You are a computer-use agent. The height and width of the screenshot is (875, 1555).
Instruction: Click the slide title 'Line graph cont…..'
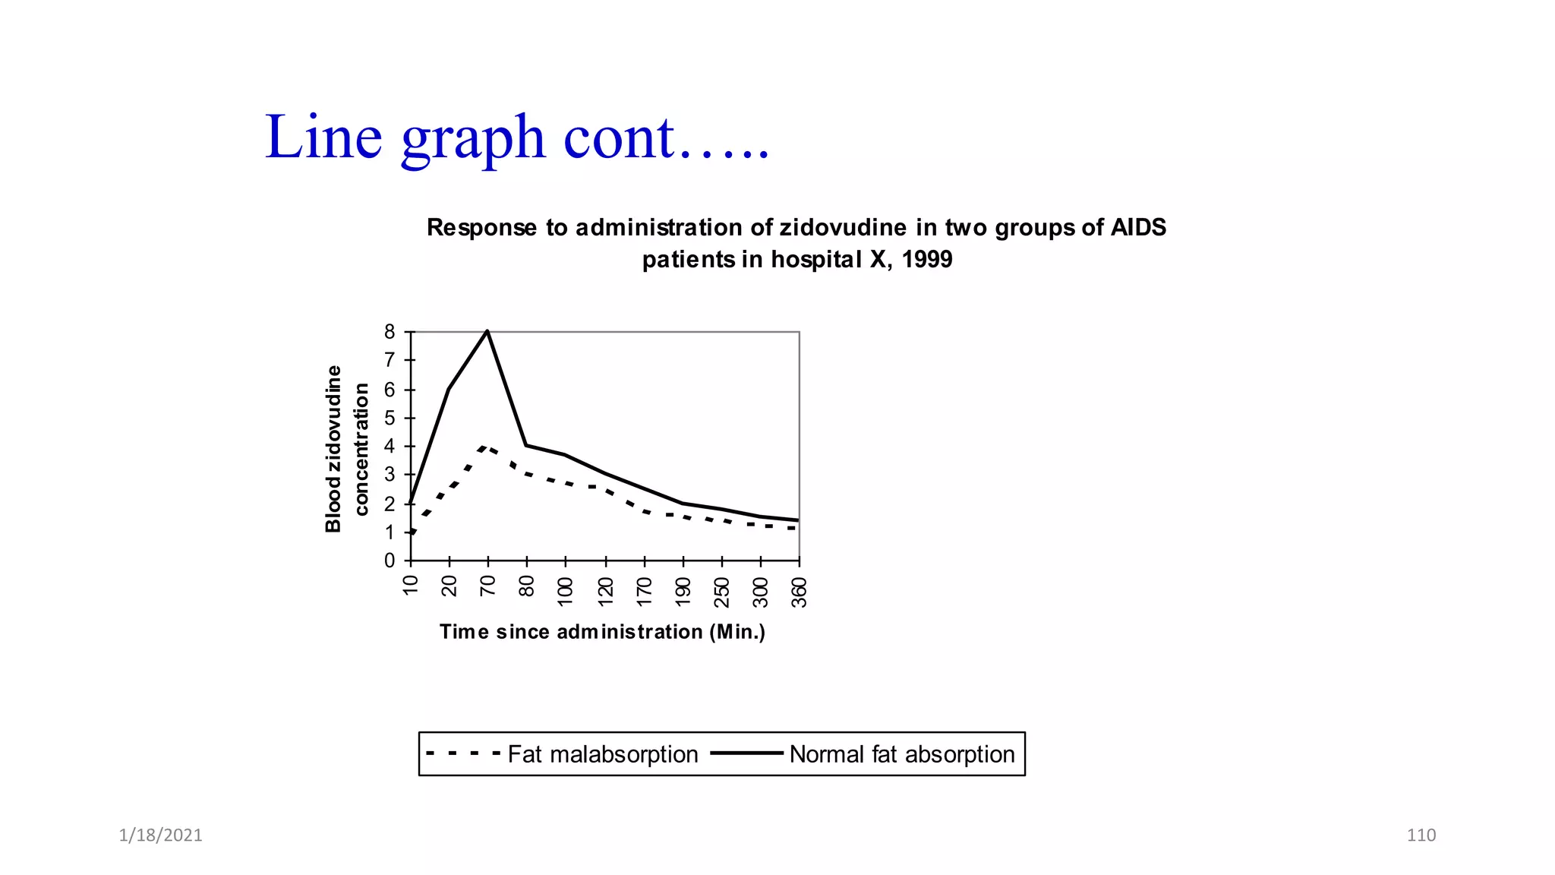click(x=517, y=137)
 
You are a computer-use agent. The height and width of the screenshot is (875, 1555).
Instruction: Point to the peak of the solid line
click(x=487, y=331)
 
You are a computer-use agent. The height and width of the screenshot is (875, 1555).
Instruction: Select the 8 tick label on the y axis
click(x=390, y=332)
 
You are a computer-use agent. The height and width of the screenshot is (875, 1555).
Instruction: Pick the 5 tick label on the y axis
click(x=390, y=418)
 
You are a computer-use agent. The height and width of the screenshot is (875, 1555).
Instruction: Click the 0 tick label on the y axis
click(x=390, y=561)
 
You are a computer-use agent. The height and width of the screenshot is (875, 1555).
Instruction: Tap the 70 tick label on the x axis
click(x=487, y=586)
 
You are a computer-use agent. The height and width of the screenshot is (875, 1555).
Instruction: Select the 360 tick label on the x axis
click(x=799, y=592)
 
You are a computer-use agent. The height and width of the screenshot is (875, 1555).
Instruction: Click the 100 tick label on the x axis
click(x=565, y=592)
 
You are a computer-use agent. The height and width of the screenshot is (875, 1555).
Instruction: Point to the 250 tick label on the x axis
click(x=721, y=592)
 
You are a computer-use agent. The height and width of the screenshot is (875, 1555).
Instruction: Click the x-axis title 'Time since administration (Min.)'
click(x=602, y=632)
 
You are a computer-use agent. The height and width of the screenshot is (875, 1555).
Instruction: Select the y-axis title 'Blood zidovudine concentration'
click(x=346, y=449)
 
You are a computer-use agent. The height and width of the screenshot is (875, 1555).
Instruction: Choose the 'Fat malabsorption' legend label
click(x=602, y=754)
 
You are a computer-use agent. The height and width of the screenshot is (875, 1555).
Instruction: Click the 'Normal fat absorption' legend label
click(x=901, y=754)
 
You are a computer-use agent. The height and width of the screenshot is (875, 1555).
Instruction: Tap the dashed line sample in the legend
click(x=463, y=754)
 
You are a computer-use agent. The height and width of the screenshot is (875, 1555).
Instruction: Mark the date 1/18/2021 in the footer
click(x=160, y=836)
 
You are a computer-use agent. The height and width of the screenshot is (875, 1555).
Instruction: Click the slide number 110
click(x=1421, y=836)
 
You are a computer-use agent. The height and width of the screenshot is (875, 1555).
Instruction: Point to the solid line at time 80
click(x=526, y=445)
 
